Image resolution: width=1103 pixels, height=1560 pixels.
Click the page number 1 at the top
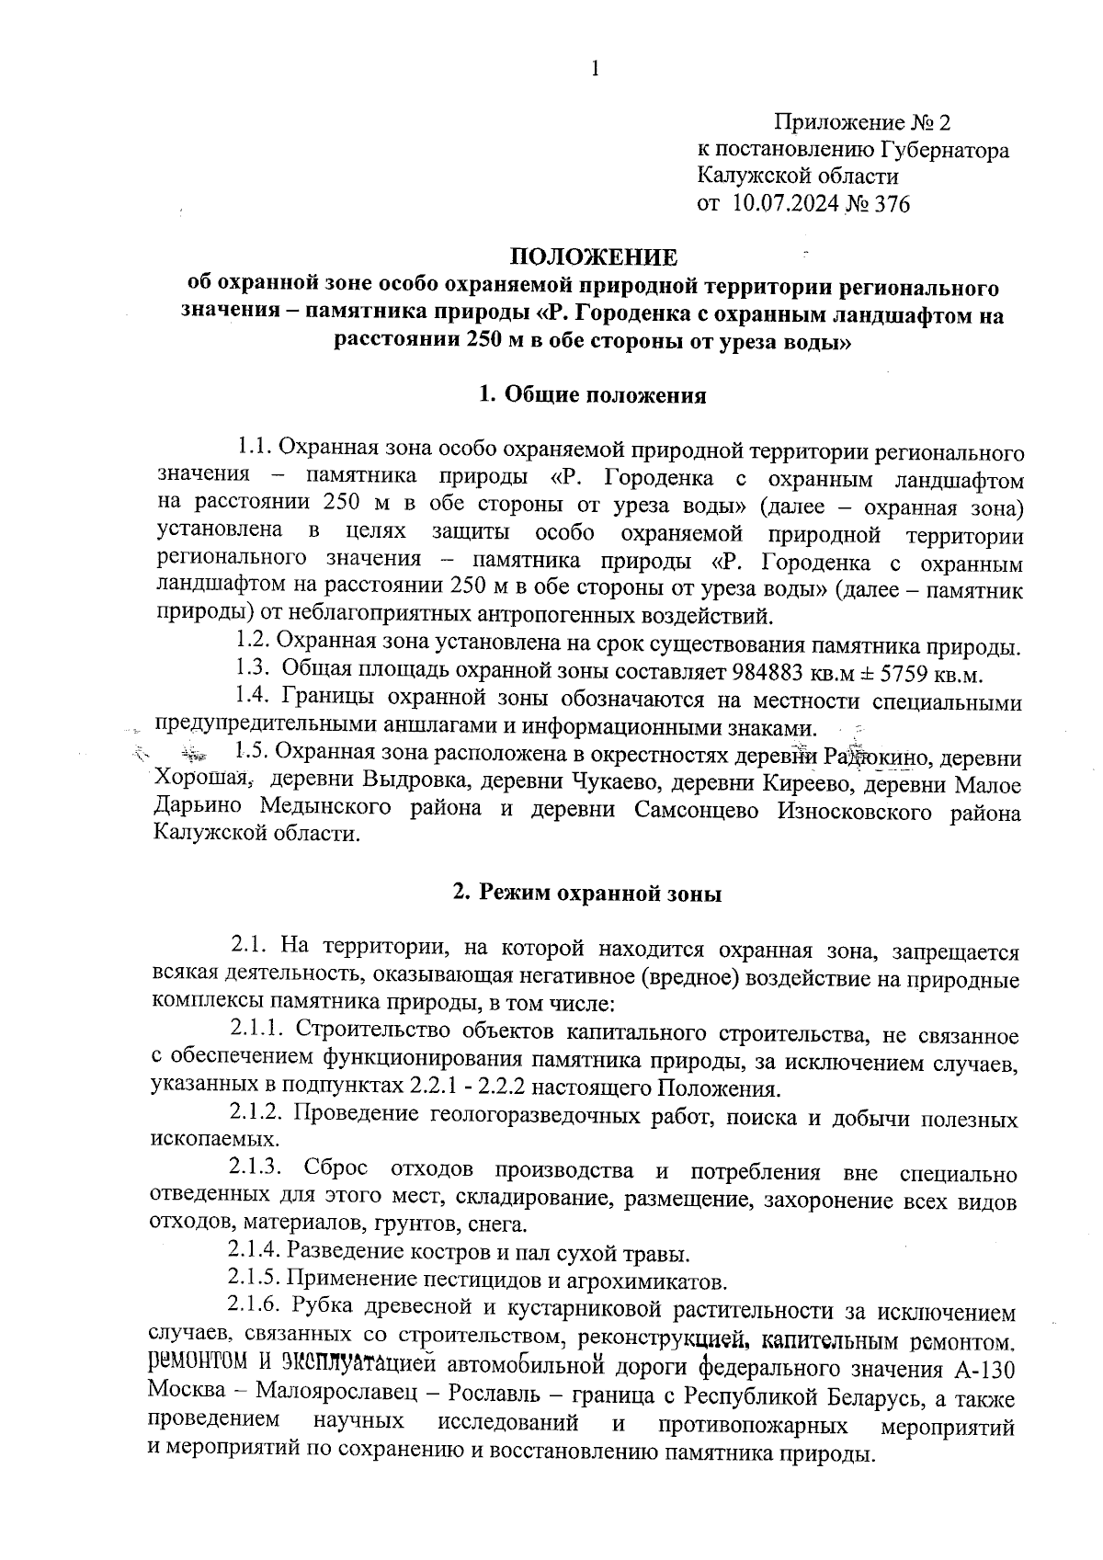click(x=597, y=68)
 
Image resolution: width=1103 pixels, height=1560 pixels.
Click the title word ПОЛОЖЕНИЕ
click(x=594, y=256)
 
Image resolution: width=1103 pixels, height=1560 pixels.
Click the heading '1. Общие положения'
click(x=593, y=395)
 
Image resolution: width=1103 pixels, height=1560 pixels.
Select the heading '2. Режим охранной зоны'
click(x=587, y=894)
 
